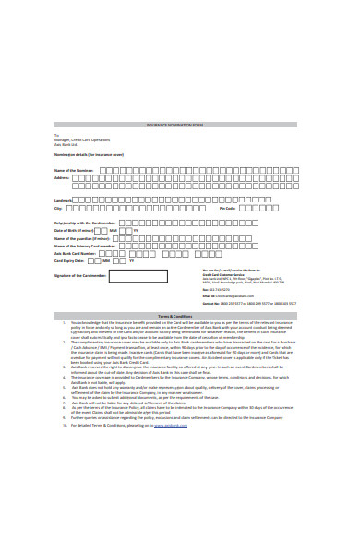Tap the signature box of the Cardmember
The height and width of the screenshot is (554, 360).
138,276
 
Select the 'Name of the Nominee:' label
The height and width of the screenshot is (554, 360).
74,171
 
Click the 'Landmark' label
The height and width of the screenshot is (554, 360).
64,200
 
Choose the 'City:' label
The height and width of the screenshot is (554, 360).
59,210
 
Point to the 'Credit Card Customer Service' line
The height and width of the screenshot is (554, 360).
221,274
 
